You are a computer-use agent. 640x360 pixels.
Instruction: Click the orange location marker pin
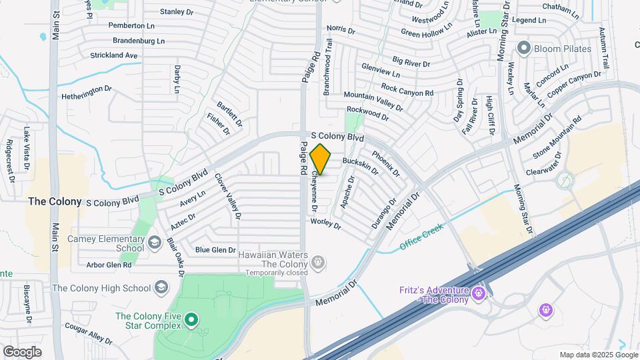click(x=321, y=159)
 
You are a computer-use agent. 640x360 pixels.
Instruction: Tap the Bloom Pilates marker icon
click(x=523, y=49)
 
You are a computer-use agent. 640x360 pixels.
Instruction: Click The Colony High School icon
click(x=160, y=288)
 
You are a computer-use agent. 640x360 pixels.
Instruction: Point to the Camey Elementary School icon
click(x=155, y=241)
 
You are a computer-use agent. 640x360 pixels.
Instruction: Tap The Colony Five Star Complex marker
click(x=191, y=321)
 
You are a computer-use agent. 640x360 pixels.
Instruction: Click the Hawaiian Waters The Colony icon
click(x=319, y=262)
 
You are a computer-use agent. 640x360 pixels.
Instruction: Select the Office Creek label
click(x=421, y=238)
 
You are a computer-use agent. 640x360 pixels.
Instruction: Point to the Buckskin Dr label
click(x=360, y=165)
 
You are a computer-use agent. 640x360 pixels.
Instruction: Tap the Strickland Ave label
click(x=113, y=55)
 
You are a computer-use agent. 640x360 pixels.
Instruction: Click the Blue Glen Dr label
click(x=215, y=250)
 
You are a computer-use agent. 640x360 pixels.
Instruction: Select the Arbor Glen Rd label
click(x=109, y=265)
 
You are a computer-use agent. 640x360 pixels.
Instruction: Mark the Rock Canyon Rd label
click(x=407, y=89)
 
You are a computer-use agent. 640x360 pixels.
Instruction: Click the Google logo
click(x=21, y=351)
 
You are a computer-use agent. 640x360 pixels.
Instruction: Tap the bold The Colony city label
click(x=55, y=201)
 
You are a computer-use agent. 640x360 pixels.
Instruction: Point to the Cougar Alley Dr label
click(x=89, y=333)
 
